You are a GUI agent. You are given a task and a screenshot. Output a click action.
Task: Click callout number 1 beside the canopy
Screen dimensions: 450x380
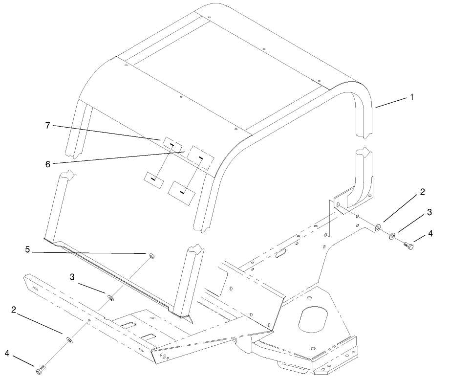(x=412, y=97)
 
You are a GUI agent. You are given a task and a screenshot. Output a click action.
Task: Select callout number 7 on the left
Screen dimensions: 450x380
(x=48, y=126)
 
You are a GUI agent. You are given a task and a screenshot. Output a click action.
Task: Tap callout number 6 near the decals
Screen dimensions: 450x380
(x=48, y=164)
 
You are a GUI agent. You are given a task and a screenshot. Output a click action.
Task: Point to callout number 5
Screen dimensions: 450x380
(x=27, y=249)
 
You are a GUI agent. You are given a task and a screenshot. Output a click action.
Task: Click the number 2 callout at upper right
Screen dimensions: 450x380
(x=422, y=192)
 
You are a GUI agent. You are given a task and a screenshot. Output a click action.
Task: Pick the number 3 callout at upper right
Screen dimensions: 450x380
(x=429, y=212)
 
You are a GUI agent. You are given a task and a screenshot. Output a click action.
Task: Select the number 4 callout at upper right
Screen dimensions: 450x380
(x=430, y=233)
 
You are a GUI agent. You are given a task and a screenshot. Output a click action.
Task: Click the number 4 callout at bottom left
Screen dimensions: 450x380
(x=7, y=353)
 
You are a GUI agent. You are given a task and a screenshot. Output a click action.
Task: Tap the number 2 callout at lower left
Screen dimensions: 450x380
(x=14, y=310)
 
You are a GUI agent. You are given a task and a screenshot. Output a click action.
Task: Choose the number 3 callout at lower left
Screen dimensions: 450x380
(x=72, y=277)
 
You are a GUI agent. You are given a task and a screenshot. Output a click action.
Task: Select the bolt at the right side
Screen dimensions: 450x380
(x=408, y=246)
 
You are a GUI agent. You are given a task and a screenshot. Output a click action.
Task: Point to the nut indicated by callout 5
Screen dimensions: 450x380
(x=151, y=255)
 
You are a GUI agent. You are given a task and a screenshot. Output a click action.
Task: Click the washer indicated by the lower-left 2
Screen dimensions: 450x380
(x=69, y=340)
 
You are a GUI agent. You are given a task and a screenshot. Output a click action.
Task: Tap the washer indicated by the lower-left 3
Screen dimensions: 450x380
(x=110, y=297)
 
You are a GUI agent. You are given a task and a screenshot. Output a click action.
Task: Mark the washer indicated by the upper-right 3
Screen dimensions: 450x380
(x=392, y=236)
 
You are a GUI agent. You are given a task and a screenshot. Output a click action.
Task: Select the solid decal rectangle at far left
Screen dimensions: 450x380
(x=153, y=180)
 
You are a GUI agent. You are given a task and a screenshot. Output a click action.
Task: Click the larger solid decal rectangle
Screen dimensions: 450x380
(x=181, y=193)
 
